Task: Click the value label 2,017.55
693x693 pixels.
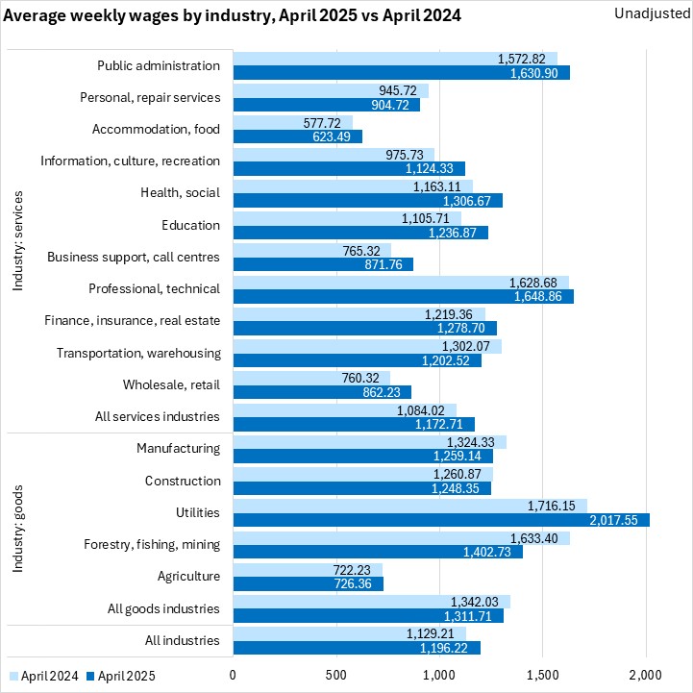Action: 616,520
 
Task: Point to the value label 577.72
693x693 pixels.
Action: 325,122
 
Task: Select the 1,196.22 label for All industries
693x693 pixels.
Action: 448,648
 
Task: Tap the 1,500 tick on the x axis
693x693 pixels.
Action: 543,675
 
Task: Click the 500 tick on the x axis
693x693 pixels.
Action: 336,675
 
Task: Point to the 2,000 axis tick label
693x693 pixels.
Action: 646,675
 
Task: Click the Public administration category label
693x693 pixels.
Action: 159,66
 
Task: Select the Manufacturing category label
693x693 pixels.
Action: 178,448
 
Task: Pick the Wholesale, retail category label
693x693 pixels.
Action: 171,384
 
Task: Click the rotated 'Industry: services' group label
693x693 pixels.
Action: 18,240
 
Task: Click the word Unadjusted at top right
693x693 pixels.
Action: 646,14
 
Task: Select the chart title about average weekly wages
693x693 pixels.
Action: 233,15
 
